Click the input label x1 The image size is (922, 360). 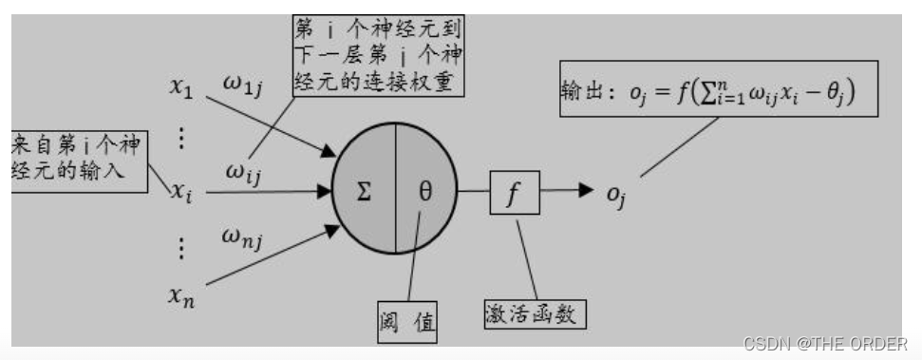point(180,88)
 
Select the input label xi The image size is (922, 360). point(181,193)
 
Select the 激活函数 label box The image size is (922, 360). point(534,313)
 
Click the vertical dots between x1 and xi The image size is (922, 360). point(181,139)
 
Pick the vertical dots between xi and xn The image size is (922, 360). point(182,248)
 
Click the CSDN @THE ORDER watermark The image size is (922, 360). point(825,343)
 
